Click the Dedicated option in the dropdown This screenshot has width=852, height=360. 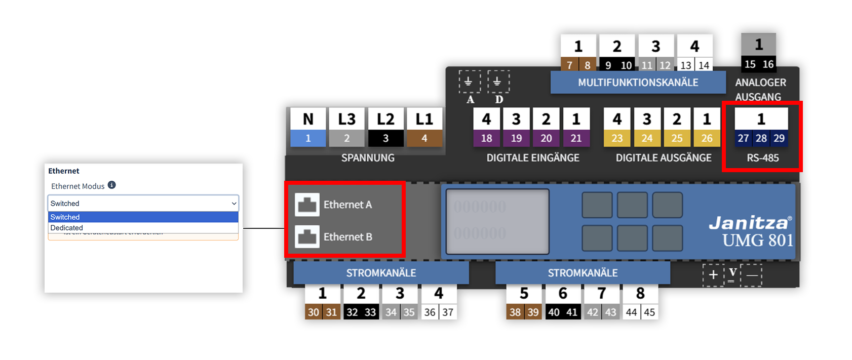(67, 228)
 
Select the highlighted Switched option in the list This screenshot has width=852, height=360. (65, 217)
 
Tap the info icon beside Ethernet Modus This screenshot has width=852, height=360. (112, 185)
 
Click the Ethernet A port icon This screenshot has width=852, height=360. (307, 205)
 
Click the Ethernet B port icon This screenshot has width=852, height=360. (307, 236)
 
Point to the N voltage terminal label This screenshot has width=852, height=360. (308, 119)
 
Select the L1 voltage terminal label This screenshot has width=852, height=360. (424, 119)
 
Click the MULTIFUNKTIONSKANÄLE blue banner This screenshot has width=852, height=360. (638, 83)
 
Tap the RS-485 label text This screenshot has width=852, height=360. (762, 158)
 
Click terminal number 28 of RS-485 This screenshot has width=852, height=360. (761, 138)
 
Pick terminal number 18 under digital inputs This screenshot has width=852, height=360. (486, 138)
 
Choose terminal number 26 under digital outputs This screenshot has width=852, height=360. (707, 138)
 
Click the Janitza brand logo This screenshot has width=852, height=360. (749, 222)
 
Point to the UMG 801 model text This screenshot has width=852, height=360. (758, 240)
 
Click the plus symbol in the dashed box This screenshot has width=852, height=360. (713, 275)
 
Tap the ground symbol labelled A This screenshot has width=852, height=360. (469, 82)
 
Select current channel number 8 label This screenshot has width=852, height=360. (640, 293)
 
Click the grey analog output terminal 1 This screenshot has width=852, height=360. (758, 45)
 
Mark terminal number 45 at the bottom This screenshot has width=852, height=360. (649, 312)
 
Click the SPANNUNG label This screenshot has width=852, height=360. (368, 158)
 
